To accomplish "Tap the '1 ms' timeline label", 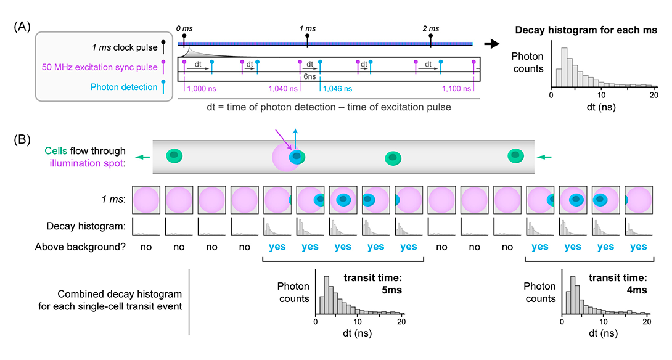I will (x=307, y=29).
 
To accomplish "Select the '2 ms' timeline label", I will (x=431, y=29).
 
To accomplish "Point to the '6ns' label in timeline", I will (x=311, y=78).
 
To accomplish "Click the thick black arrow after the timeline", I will (x=491, y=44).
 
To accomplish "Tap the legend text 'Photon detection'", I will (x=124, y=87).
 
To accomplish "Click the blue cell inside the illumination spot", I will (x=298, y=158).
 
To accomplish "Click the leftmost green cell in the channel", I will (x=174, y=155).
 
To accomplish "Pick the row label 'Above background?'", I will (x=86, y=247).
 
